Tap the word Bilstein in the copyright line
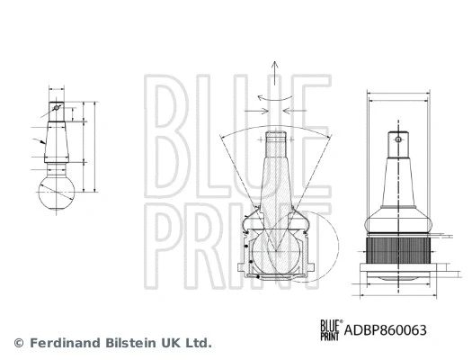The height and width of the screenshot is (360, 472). [x=127, y=343]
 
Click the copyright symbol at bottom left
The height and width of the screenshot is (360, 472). [x=18, y=343]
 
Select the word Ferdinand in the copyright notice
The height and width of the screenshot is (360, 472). [x=62, y=343]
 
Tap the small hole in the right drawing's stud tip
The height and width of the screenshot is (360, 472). [x=396, y=140]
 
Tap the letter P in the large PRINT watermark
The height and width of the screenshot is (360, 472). [x=165, y=238]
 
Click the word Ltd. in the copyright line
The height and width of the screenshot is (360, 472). [x=198, y=343]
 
